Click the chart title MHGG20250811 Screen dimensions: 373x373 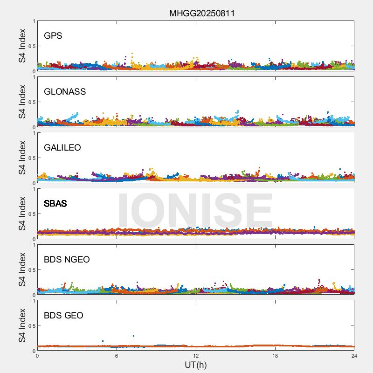pos(201,14)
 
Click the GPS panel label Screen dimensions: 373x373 pos(53,35)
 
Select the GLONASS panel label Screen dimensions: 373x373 pos(65,91)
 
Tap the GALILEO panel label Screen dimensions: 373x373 pos(62,147)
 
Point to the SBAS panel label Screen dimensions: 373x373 pos(55,203)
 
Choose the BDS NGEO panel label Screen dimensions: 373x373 pos(67,259)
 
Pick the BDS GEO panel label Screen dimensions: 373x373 pos(63,315)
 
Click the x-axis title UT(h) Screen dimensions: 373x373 pos(195,365)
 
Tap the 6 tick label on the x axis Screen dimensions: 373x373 pos(117,356)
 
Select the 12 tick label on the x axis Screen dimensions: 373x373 pos(196,356)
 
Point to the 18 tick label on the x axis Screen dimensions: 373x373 pos(275,356)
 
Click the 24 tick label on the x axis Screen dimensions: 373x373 pos(354,356)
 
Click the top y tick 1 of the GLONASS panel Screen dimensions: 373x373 pos(34,77)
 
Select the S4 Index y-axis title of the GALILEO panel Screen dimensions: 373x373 pos(22,158)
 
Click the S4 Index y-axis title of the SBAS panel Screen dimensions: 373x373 pos(22,214)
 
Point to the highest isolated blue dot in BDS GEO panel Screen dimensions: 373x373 pos(133,336)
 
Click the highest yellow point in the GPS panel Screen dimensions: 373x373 pos(132,54)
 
